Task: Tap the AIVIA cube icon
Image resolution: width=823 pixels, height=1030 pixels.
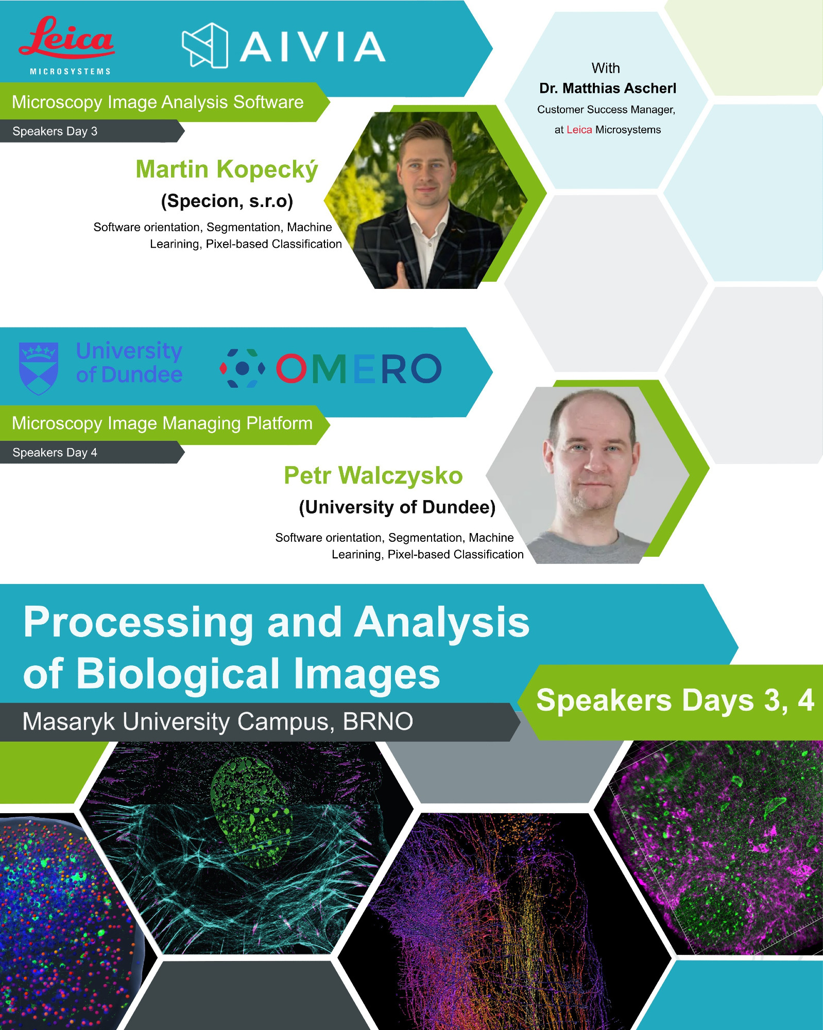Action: [205, 45]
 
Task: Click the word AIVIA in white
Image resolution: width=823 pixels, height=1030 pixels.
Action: [313, 47]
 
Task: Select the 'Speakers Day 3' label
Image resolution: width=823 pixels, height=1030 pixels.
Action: [55, 131]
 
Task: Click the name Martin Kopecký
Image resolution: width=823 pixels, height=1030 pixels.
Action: [227, 169]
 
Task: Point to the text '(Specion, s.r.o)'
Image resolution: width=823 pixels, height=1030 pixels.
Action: [227, 201]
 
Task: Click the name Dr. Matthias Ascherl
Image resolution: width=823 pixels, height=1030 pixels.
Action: [608, 89]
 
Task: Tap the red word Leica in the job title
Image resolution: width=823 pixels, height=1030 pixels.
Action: [579, 130]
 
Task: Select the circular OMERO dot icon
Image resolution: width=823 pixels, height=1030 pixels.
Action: [242, 368]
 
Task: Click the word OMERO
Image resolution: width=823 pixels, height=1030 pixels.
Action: [358, 369]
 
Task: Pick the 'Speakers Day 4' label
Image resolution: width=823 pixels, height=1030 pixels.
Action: [55, 453]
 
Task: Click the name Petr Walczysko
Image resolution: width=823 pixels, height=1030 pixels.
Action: [373, 475]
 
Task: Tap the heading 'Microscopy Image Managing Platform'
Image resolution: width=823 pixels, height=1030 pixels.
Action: [162, 423]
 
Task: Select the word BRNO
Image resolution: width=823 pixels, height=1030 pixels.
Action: [378, 722]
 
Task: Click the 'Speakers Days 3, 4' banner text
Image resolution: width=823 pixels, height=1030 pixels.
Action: [675, 700]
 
